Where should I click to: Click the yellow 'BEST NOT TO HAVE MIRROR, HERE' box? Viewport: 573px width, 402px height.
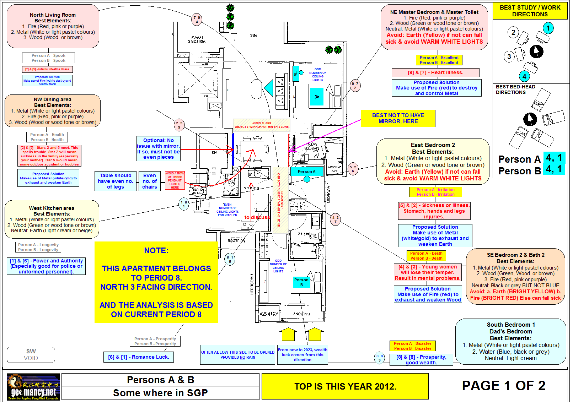pyautogui.click(x=398, y=118)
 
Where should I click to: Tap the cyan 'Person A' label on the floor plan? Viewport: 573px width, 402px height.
pyautogui.click(x=306, y=172)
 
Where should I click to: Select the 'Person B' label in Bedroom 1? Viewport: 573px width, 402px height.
pyautogui.click(x=301, y=282)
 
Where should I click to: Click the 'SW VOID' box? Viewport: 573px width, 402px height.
pyautogui.click(x=31, y=354)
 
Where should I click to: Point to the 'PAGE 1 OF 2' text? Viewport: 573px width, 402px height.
pyautogui.click(x=503, y=386)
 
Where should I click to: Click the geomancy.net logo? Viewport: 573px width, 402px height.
pyautogui.click(x=33, y=387)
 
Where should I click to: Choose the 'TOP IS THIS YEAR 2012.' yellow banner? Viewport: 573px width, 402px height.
pyautogui.click(x=345, y=386)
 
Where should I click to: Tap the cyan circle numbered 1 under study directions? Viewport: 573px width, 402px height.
pyautogui.click(x=548, y=28)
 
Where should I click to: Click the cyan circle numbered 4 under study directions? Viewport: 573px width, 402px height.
pyautogui.click(x=524, y=76)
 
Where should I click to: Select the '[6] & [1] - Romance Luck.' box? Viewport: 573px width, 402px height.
pyautogui.click(x=139, y=357)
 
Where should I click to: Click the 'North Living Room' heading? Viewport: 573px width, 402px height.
pyautogui.click(x=53, y=15)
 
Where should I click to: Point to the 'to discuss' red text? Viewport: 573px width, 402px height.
pyautogui.click(x=257, y=217)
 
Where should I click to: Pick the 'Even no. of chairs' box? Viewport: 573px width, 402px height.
pyautogui.click(x=150, y=181)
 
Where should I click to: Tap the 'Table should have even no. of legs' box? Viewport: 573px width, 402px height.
pyautogui.click(x=116, y=181)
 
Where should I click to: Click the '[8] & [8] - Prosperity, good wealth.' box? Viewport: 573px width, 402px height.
pyautogui.click(x=421, y=360)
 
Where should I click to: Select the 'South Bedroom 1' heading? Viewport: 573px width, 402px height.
pyautogui.click(x=511, y=325)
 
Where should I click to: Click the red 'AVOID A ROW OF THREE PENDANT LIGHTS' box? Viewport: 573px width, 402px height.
pyautogui.click(x=175, y=180)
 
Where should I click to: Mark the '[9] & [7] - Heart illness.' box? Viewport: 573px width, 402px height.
pyautogui.click(x=435, y=72)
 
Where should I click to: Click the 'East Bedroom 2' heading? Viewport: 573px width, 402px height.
pyautogui.click(x=433, y=145)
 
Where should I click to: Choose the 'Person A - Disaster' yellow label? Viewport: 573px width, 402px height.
pyautogui.click(x=412, y=343)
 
